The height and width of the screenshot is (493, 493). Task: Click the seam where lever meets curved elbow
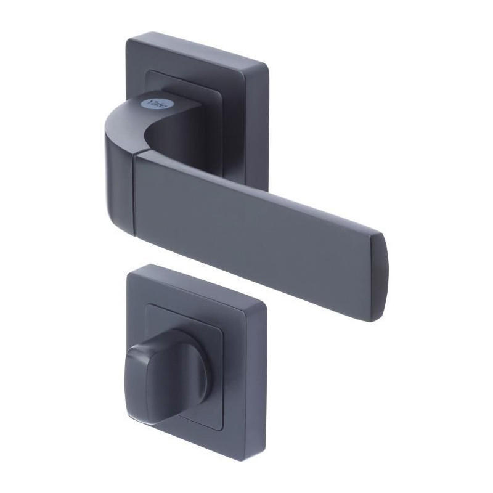135,195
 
